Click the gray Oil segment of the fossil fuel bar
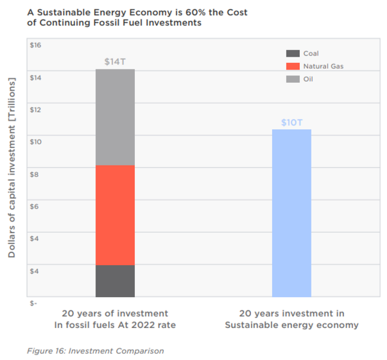115,117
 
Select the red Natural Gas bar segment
115,215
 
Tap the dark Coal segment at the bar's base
115,281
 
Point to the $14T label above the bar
115,62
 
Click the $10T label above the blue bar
291,123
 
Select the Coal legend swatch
293,54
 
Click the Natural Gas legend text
324,66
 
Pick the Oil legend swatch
293,79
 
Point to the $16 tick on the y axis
35,45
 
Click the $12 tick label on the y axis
35,110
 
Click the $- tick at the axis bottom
34,303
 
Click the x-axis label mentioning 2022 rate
115,325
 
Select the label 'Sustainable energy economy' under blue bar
291,325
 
